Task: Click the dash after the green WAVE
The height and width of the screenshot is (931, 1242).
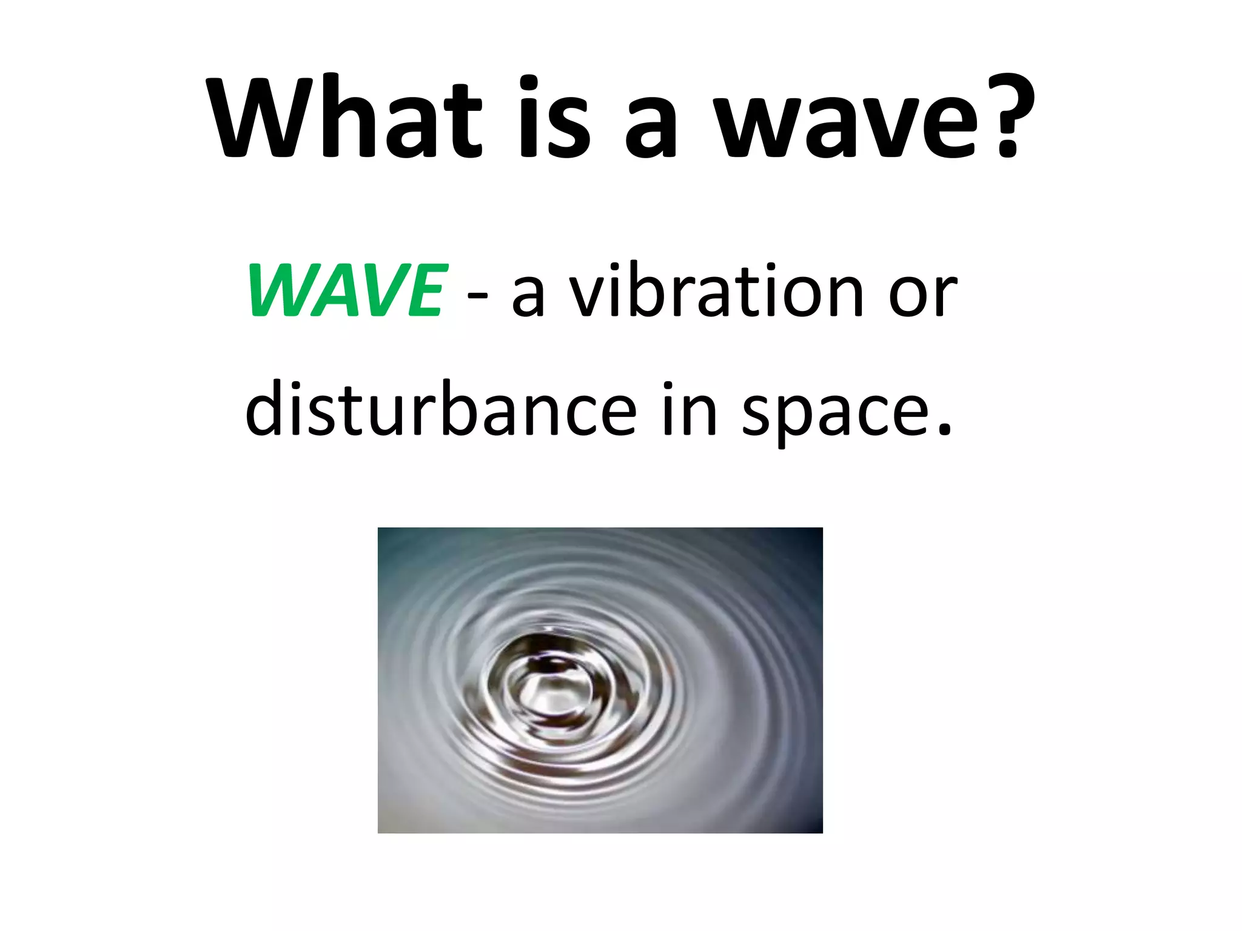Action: coord(478,297)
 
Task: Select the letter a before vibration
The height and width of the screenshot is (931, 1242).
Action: coord(528,297)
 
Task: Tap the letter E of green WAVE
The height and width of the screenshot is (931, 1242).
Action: coord(425,291)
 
